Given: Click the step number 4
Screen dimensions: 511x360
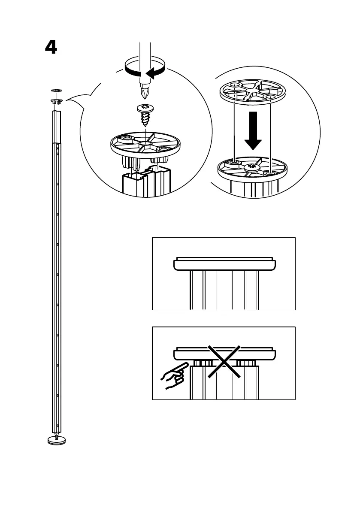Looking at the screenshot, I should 51,48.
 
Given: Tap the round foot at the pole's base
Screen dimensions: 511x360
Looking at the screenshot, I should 57,440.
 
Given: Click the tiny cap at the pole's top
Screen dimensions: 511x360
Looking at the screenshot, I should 56,91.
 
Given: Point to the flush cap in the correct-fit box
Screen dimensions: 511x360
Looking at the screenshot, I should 224,264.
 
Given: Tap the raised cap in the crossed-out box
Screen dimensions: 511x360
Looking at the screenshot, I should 224,354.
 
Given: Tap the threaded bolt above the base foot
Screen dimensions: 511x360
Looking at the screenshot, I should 57,434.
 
